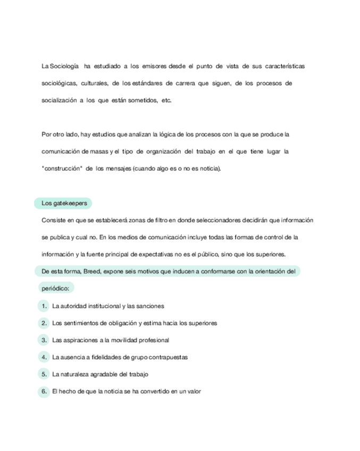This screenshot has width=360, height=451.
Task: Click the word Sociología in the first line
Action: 64,66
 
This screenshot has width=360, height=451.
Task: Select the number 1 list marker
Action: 44,306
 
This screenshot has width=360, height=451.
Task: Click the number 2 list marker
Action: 44,323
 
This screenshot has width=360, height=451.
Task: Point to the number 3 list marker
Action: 44,340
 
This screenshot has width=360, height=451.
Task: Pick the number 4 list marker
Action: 44,357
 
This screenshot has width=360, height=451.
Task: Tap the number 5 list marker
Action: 44,374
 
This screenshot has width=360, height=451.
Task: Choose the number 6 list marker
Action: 44,392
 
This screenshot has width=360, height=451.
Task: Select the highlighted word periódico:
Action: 57,289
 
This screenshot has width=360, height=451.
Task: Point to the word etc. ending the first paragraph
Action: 166,101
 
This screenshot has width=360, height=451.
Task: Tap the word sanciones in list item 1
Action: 152,306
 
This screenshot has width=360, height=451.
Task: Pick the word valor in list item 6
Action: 194,392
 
